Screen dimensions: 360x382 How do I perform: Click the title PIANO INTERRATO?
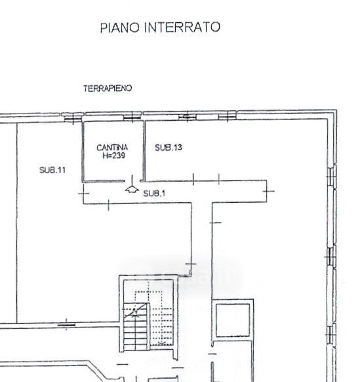tap(160, 27)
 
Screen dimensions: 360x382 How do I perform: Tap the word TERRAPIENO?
tap(108, 88)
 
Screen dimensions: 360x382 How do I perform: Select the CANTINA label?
tap(112, 148)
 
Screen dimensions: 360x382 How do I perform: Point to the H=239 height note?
tap(113, 156)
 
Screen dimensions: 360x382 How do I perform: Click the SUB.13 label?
tap(169, 148)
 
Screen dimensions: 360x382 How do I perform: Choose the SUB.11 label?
tap(52, 170)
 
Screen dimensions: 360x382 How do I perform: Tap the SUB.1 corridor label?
tap(154, 194)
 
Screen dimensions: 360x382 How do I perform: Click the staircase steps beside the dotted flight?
tap(135, 326)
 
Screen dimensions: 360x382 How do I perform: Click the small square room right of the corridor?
tap(233, 320)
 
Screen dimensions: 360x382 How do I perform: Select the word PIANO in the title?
tap(120, 28)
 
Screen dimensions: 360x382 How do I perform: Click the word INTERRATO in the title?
tap(182, 27)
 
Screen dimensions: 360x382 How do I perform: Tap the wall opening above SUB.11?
tap(73, 117)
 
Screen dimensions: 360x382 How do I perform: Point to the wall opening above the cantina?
tap(132, 116)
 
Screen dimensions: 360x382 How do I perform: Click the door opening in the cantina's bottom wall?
tap(132, 181)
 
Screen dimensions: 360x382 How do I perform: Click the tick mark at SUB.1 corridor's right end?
tap(268, 191)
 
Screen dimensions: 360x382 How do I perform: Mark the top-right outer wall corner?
tap(336, 111)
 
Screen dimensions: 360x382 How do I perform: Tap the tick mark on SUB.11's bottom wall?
tap(66, 325)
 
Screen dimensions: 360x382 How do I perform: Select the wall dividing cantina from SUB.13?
tap(144, 151)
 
